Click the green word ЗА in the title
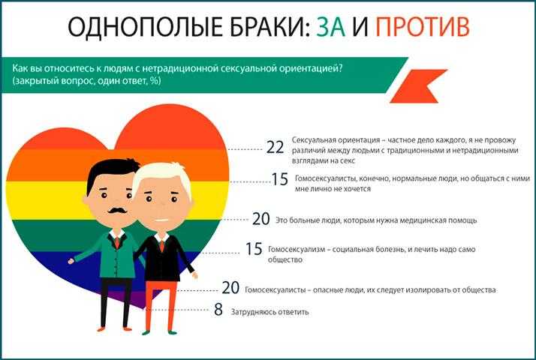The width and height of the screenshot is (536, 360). point(330,27)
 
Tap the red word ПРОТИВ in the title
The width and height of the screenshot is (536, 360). point(423,27)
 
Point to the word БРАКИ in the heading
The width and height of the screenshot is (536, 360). point(270,27)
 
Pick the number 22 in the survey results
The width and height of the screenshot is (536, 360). point(276,148)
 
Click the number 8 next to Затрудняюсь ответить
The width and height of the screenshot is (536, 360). point(218,310)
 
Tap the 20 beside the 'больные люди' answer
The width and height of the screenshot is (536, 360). point(260,219)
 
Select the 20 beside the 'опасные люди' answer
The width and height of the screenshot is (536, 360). point(230,288)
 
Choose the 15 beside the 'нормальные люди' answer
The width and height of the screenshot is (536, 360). point(279,179)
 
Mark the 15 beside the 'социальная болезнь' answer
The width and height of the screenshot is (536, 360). point(254,249)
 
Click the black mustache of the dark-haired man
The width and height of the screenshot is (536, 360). point(117,210)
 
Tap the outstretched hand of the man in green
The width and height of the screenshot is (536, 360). point(71,261)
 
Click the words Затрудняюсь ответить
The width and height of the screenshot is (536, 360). point(270,312)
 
